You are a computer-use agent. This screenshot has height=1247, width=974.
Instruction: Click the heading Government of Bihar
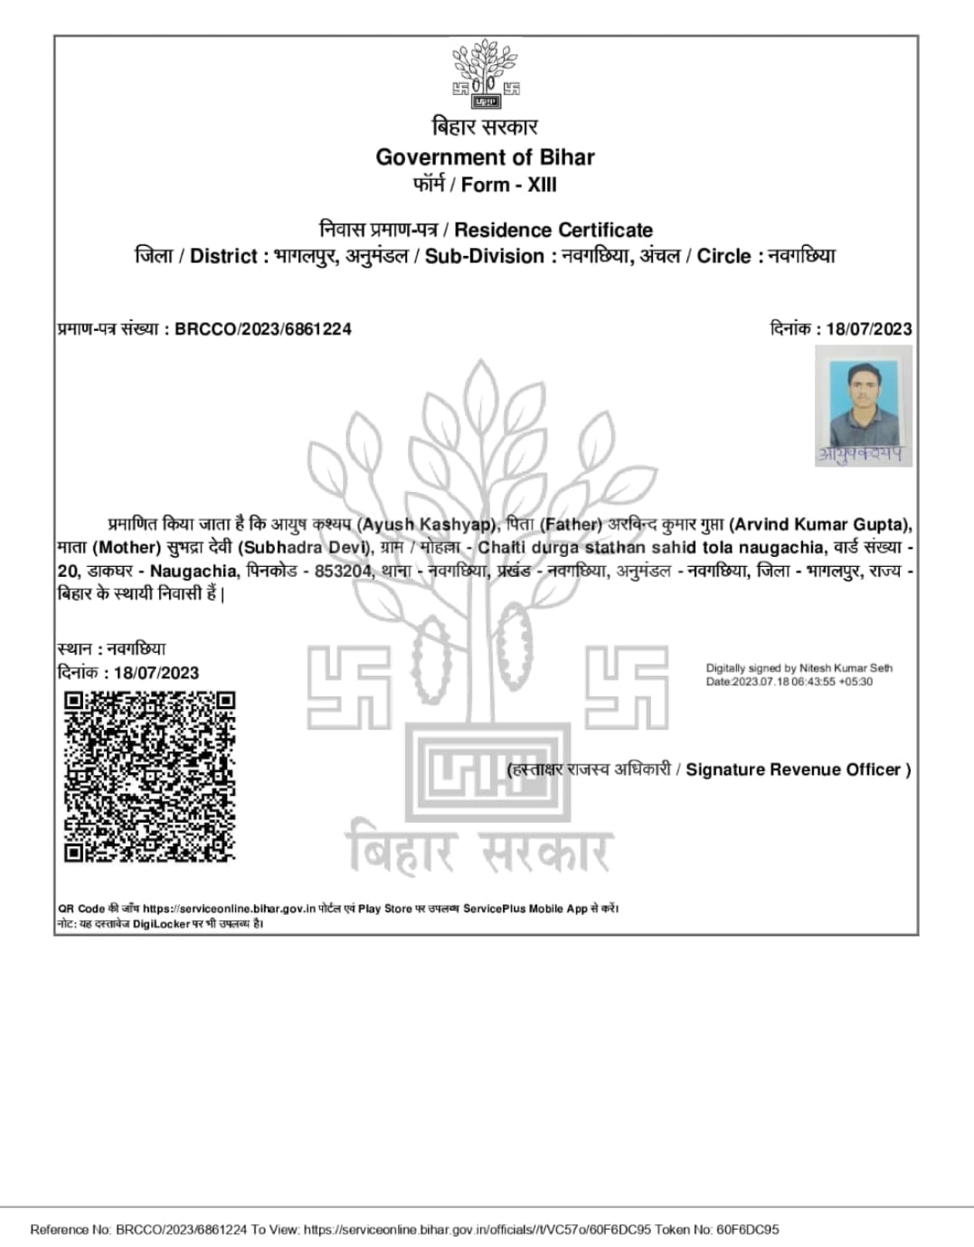click(x=485, y=157)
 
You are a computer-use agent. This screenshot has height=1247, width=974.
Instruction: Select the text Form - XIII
click(x=509, y=185)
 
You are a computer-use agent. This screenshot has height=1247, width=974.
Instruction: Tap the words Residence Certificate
click(x=553, y=230)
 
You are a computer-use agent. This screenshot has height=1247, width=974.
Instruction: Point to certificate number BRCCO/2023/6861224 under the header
click(x=262, y=329)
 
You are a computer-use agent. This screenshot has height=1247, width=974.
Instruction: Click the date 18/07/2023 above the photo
click(x=868, y=329)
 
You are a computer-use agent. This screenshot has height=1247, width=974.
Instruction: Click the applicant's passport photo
click(x=863, y=405)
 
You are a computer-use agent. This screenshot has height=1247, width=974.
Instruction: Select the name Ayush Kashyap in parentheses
click(x=427, y=524)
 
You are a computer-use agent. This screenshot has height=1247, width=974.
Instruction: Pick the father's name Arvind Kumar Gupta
click(x=819, y=524)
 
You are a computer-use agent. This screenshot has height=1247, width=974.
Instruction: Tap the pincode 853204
click(x=343, y=572)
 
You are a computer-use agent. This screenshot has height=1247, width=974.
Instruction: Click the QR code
click(x=149, y=776)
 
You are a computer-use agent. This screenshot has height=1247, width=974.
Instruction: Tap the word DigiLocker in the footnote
click(x=161, y=924)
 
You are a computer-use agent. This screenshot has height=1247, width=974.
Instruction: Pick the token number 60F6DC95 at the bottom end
click(x=748, y=1230)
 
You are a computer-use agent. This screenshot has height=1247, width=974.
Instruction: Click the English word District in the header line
click(x=223, y=257)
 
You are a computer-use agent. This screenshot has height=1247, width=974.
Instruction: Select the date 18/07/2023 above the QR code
click(x=156, y=673)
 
